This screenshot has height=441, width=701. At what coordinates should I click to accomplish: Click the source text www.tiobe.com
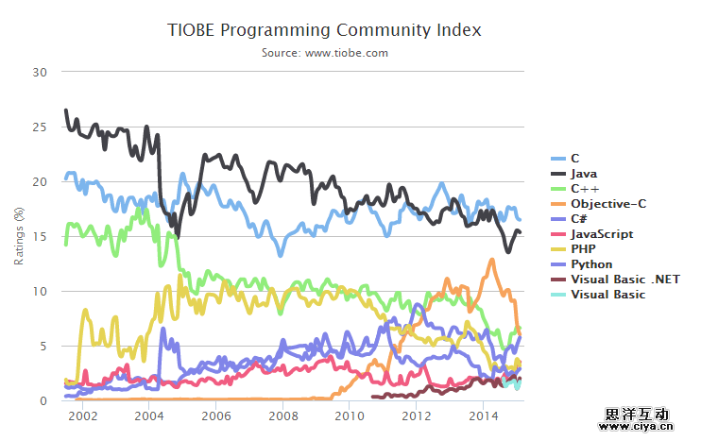click(x=325, y=53)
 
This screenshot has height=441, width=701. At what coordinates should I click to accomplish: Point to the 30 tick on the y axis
click(x=40, y=72)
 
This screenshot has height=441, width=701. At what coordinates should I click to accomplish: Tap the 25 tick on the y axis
click(x=40, y=127)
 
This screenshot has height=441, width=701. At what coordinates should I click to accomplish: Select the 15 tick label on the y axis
click(x=40, y=236)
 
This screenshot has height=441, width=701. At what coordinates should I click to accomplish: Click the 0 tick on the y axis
click(x=43, y=401)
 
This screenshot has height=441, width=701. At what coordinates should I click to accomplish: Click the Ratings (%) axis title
click(x=19, y=236)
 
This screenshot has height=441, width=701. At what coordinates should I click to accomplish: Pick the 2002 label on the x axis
click(x=82, y=416)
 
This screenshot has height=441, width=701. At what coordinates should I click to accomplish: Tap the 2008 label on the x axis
click(x=282, y=416)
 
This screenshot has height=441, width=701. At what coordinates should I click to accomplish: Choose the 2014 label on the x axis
click(x=484, y=416)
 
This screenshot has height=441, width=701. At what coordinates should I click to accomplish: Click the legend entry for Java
click(x=584, y=174)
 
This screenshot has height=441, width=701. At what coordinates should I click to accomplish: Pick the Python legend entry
click(x=591, y=264)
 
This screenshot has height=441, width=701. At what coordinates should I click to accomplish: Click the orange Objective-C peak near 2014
click(x=491, y=260)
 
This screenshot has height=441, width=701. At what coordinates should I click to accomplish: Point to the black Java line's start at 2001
click(x=65, y=110)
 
